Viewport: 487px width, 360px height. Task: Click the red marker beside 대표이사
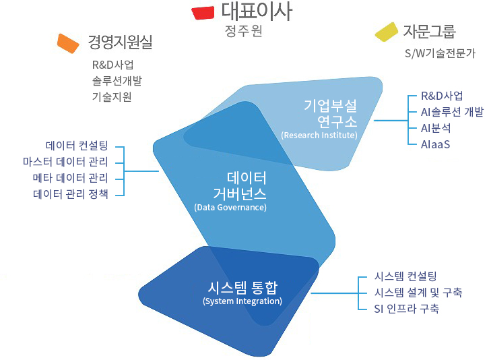tap(203, 13)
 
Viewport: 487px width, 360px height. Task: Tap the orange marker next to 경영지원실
tap(68, 44)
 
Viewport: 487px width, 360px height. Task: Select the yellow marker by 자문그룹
tap(387, 32)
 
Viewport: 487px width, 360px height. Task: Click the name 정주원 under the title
tap(244, 31)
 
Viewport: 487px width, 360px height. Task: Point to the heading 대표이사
tap(257, 11)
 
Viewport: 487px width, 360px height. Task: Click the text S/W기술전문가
tap(440, 53)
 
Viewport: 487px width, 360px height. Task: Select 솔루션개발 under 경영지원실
tap(117, 81)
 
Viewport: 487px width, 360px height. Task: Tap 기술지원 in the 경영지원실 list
tap(112, 96)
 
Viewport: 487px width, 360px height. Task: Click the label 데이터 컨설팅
tap(77, 146)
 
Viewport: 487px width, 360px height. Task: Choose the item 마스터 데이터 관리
tap(65, 162)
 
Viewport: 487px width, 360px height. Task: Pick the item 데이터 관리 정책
tap(71, 194)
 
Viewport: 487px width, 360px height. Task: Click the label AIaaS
tap(435, 144)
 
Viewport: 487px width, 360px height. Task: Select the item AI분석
tap(436, 128)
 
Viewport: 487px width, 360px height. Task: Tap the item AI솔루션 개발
tap(452, 112)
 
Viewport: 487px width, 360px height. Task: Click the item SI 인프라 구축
tap(407, 308)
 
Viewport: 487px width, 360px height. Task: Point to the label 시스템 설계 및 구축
tap(418, 292)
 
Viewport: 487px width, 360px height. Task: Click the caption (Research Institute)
tap(319, 136)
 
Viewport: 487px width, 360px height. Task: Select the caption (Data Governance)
tap(230, 208)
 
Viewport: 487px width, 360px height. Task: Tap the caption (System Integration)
tap(242, 301)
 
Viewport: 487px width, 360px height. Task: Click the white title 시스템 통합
tap(242, 287)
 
